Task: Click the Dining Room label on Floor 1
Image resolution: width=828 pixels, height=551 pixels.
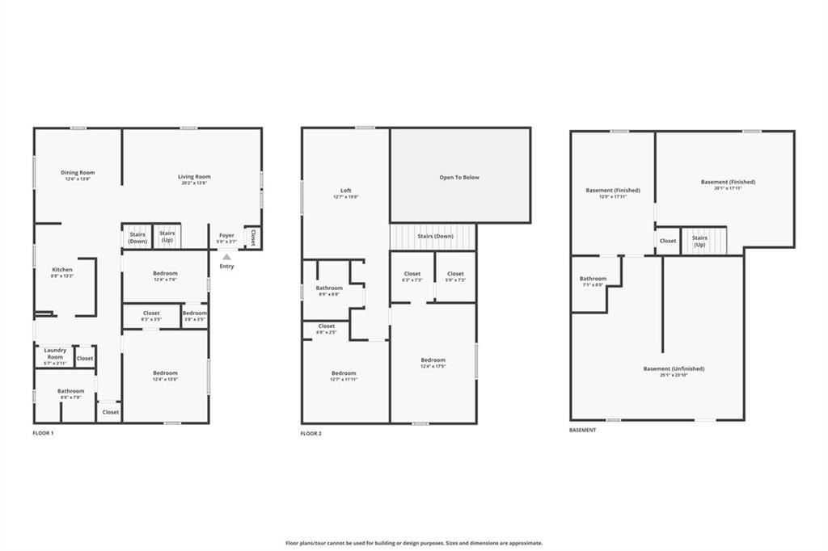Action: point(78,172)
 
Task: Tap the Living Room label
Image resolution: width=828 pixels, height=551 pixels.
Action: point(194,176)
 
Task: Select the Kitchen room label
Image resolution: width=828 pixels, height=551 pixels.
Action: point(62,270)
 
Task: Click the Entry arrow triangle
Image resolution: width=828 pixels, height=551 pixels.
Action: point(226,257)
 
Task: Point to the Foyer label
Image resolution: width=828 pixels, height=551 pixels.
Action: point(226,236)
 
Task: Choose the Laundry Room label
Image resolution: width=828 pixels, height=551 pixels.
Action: point(55,353)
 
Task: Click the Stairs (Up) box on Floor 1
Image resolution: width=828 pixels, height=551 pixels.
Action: point(167,237)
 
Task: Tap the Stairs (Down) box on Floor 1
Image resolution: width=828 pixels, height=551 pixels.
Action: point(137,237)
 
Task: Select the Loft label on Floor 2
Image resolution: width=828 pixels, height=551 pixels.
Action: point(345,191)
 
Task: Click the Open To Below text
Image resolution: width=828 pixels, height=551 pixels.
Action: point(459,177)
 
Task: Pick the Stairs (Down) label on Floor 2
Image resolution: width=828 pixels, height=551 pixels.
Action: point(435,236)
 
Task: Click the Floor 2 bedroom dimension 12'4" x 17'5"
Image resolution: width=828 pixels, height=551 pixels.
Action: point(433,367)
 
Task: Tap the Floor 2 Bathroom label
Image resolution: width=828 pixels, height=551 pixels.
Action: point(329,288)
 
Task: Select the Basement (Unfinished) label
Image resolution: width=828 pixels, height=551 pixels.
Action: point(674,368)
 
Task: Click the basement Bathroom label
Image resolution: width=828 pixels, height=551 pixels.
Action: point(594,279)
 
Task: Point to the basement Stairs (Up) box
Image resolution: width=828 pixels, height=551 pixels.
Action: point(700,241)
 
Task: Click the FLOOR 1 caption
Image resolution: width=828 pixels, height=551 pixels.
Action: point(44,433)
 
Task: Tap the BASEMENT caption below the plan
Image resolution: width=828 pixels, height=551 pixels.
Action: point(582,430)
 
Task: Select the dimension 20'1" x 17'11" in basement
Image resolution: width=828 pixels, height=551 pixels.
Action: point(728,188)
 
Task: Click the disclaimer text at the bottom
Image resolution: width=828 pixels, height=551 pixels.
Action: point(414,543)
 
